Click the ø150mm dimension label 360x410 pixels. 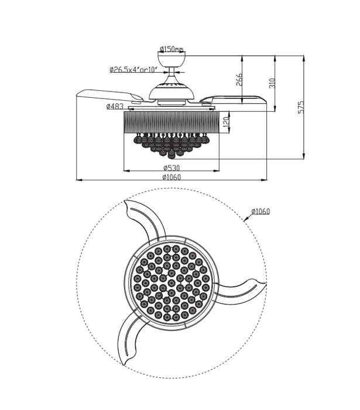[x=171, y=49]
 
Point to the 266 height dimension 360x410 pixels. [x=239, y=81]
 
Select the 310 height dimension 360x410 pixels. [x=271, y=83]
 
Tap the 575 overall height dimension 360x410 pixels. [x=301, y=107]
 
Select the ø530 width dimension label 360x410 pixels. [x=171, y=168]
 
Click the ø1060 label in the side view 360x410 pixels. [x=171, y=177]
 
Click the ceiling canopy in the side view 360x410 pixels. [x=171, y=60]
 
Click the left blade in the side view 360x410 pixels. [x=108, y=95]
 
